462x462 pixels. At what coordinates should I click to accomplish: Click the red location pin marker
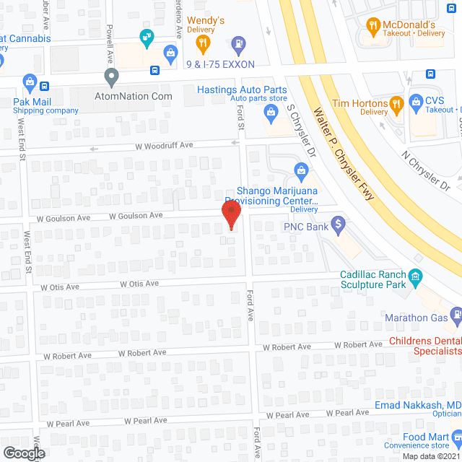(x=230, y=214)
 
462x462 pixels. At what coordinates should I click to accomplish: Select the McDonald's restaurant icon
(x=373, y=28)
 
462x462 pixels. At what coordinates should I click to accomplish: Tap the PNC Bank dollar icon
(x=336, y=226)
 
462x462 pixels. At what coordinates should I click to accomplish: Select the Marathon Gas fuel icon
(x=456, y=314)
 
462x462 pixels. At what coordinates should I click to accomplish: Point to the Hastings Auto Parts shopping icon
(x=271, y=111)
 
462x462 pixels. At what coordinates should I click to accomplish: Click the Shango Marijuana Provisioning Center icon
(x=301, y=170)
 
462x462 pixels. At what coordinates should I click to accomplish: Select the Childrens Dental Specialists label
(x=425, y=346)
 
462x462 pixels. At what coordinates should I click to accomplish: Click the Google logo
(x=23, y=453)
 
